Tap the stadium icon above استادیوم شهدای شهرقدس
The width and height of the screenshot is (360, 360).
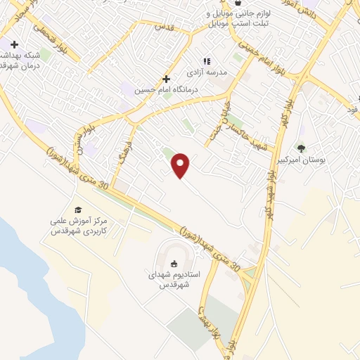[x=174, y=264]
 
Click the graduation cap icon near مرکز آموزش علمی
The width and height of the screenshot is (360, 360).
[x=78, y=210]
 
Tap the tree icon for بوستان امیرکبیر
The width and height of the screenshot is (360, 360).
[x=302, y=148]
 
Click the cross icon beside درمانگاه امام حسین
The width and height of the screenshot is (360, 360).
[x=166, y=79]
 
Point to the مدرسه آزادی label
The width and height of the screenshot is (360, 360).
[x=205, y=72]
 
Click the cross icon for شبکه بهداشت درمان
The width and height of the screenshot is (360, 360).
[x=14, y=44]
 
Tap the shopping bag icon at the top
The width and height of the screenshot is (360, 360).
[x=238, y=4]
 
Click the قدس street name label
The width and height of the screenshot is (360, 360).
[x=162, y=27]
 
